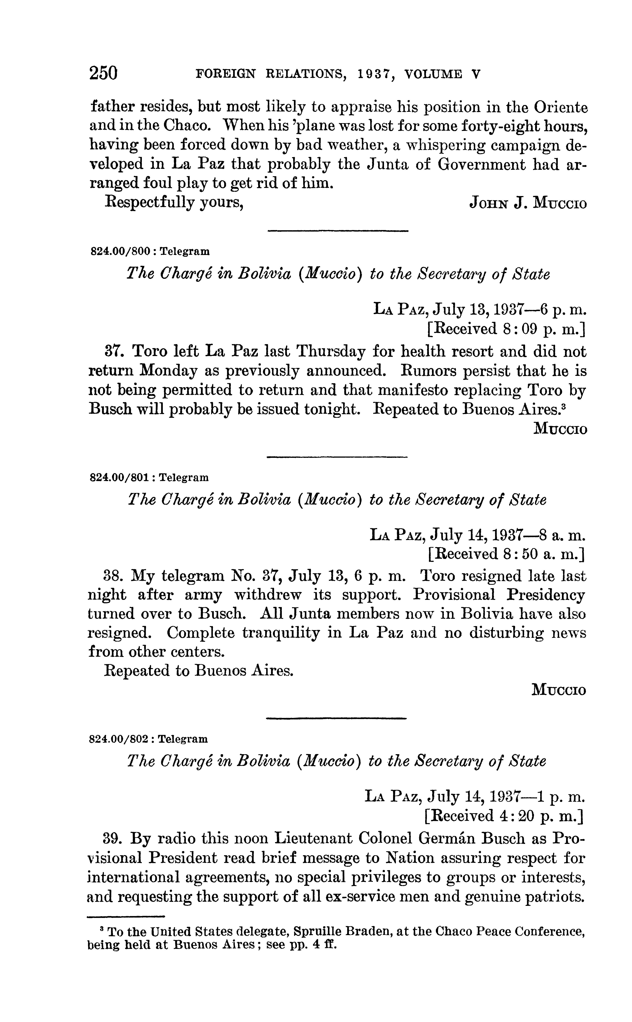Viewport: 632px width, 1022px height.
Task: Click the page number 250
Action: click(x=104, y=73)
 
